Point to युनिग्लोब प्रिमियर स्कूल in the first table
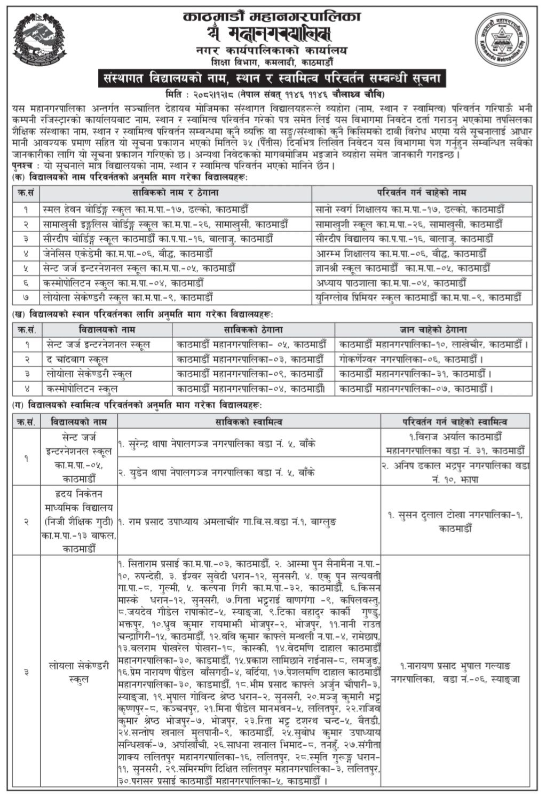[422, 297]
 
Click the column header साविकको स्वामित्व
[249, 422]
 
